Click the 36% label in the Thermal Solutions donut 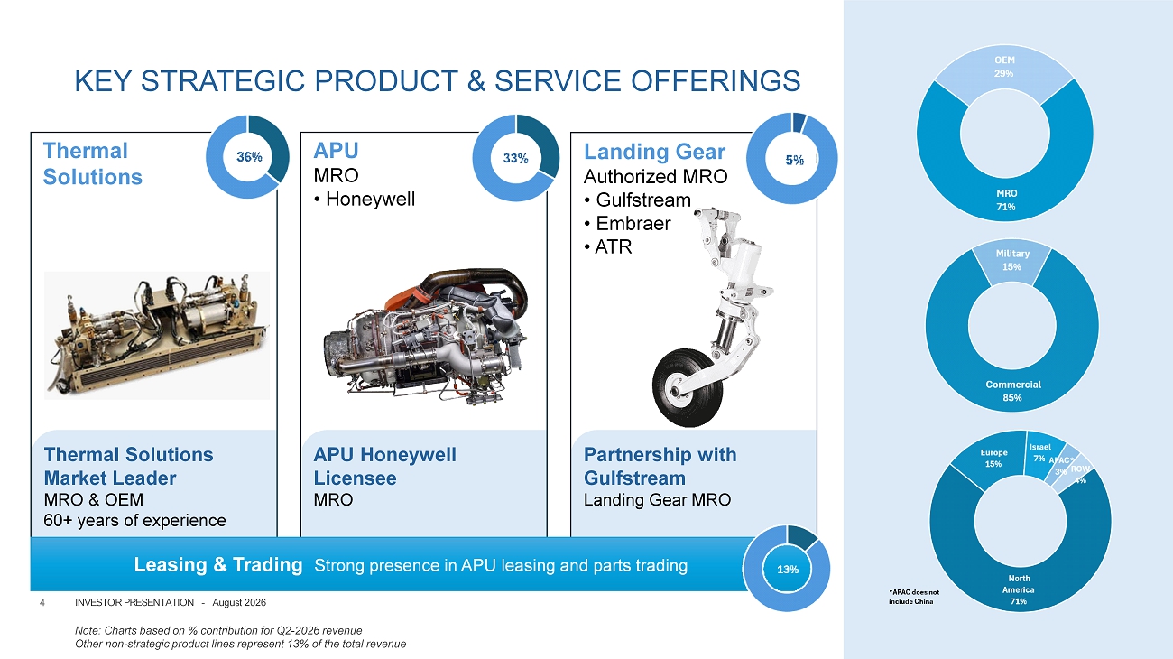249,157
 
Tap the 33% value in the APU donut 516,158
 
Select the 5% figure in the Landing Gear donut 794,160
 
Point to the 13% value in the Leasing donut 788,570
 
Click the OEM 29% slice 1004,73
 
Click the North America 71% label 1019,589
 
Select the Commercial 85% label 1012,391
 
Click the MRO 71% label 1006,200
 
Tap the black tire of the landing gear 687,387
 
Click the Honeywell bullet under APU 365,200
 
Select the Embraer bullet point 627,224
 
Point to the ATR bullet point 608,246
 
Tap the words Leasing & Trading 218,565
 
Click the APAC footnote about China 914,597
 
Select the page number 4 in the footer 42,603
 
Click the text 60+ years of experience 134,521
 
